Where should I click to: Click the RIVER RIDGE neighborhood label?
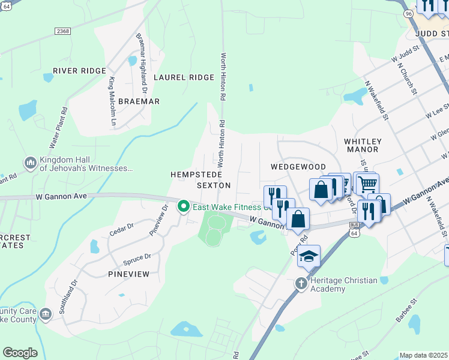click(79, 71)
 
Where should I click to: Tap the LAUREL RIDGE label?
click(184, 77)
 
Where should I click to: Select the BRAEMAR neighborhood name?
click(139, 101)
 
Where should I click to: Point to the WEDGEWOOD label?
click(298, 167)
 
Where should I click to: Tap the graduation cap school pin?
click(309, 256)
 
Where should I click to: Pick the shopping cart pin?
click(367, 182)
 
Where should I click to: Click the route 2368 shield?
click(62, 31)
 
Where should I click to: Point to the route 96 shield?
click(408, 13)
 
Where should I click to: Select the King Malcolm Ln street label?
click(112, 102)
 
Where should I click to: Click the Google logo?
click(20, 353)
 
